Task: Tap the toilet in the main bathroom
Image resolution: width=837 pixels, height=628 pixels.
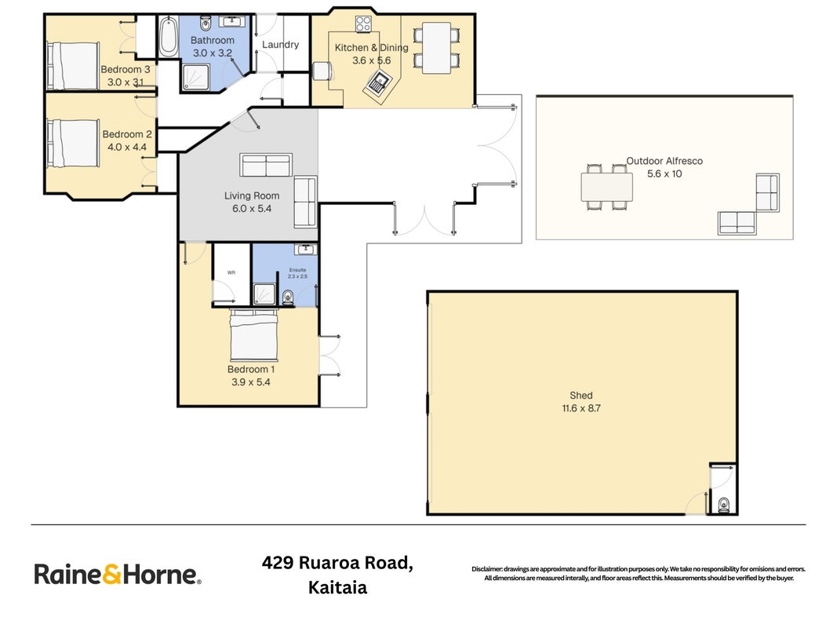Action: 206,24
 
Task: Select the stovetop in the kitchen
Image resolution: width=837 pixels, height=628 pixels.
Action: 363,24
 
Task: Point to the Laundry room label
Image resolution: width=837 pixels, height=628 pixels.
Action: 280,45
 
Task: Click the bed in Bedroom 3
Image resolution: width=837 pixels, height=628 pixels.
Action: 74,66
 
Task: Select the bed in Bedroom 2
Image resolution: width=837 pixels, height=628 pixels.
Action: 74,144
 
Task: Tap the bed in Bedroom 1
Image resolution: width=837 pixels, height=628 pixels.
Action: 253,335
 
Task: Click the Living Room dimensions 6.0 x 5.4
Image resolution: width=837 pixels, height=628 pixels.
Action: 252,209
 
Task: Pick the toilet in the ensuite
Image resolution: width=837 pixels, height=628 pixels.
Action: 288,297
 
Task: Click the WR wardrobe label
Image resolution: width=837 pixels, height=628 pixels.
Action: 231,273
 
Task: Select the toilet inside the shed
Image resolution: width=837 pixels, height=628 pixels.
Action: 724,505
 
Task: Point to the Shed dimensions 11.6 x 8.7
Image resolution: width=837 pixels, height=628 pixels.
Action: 580,408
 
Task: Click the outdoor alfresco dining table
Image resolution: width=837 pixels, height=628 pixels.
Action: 607,187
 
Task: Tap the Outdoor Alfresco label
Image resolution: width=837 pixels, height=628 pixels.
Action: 664,161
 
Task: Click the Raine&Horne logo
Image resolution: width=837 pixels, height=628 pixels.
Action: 118,575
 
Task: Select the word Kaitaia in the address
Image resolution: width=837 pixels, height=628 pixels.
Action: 337,588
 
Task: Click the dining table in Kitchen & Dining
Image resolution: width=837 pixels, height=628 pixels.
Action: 436,48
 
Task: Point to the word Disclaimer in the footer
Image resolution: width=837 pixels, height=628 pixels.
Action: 487,569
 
